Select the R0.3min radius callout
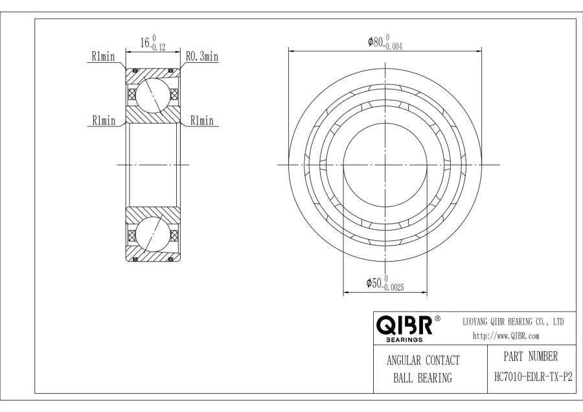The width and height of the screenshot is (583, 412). pos(201,57)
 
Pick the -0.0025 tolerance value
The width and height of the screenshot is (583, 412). pos(393,288)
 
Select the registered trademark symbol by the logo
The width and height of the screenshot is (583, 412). pos(437,319)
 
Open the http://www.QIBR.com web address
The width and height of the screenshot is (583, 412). pos(506,336)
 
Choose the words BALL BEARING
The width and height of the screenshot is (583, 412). pos(422,378)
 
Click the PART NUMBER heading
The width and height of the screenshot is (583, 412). pos(530,357)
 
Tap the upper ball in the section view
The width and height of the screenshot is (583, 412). pos(153,94)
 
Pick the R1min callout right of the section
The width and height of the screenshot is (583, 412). pos(201,120)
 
